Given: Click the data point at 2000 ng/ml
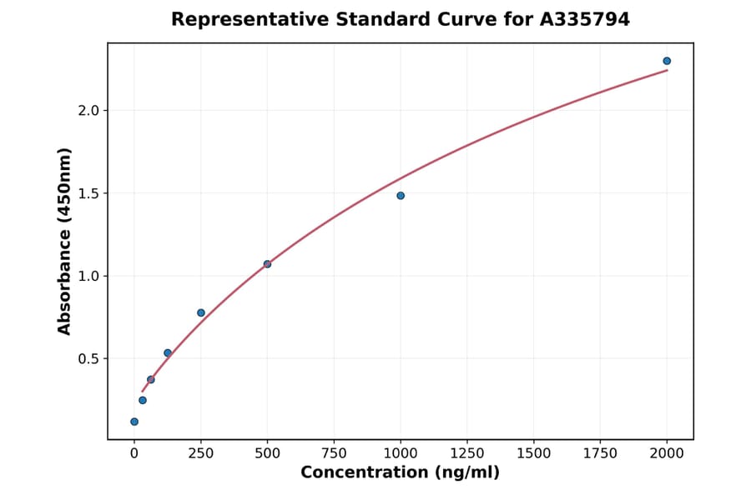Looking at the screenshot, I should tap(667, 61).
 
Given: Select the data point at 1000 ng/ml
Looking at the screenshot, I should tap(401, 196).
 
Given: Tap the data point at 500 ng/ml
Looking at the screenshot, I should tap(267, 264).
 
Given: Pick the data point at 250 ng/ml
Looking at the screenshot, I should tap(201, 313).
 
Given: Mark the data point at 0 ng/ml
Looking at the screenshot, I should tap(134, 422).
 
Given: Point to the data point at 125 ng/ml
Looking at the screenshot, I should tap(168, 353).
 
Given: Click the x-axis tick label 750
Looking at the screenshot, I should tap(334, 453).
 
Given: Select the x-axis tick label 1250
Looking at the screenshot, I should tap(466, 453).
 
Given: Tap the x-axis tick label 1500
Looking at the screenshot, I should tap(533, 453).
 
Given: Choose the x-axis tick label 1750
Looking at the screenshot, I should tap(600, 453).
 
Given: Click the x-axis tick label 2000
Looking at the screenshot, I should tap(667, 453).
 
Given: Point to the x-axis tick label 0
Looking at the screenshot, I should tap(134, 453).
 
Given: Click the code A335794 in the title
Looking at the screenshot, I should tap(584, 19).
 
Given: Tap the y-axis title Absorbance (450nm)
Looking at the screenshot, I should tap(64, 241).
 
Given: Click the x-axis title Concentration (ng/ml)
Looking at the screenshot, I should tap(400, 473).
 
